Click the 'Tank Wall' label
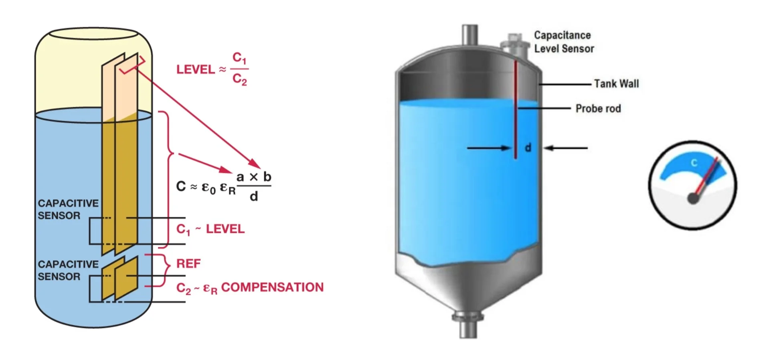point(616,84)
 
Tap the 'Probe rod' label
point(598,109)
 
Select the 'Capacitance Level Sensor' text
point(563,42)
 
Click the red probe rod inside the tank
point(516,120)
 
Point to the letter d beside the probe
point(528,148)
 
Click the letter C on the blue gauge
point(694,163)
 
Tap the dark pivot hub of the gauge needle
point(692,198)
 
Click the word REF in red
point(188,264)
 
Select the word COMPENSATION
point(272,287)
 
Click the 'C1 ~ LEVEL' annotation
point(210,229)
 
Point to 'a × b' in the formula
point(253,177)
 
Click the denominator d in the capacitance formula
point(253,196)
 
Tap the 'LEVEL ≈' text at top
point(201,69)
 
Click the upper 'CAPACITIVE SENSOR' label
point(68,209)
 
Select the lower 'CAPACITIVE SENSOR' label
point(68,270)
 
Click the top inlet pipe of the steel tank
point(470,35)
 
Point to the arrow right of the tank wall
point(566,148)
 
